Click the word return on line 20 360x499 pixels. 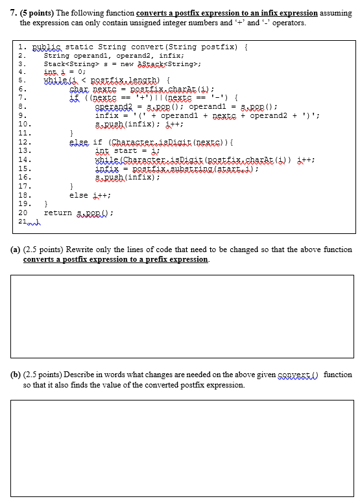click(58, 213)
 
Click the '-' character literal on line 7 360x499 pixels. click(221, 96)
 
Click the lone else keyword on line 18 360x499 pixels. click(78, 194)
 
